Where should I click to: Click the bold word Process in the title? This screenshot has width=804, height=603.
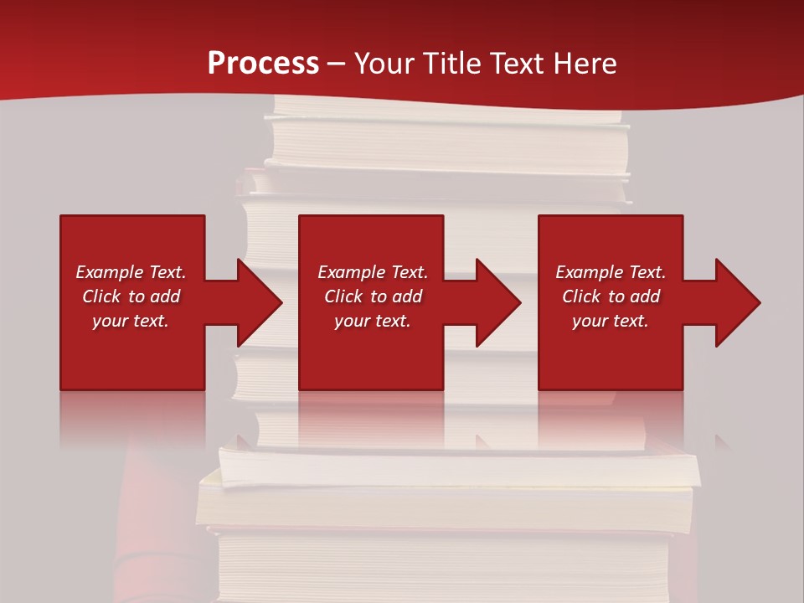[x=263, y=64]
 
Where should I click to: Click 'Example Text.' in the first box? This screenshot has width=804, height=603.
[x=131, y=272]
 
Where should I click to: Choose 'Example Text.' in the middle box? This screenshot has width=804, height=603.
[x=373, y=272]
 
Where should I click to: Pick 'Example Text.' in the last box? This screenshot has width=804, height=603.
[x=611, y=272]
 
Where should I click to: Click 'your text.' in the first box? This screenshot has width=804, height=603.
[x=131, y=321]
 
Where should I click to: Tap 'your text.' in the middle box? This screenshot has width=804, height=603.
[x=373, y=321]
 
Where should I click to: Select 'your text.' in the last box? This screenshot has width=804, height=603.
[x=611, y=321]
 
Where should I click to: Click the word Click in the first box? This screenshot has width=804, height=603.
[x=101, y=296]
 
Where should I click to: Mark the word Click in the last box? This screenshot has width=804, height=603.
[x=581, y=296]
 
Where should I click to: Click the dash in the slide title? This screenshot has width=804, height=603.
[x=337, y=64]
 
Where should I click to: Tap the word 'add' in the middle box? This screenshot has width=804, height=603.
[x=407, y=296]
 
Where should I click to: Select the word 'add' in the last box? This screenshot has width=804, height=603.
[x=645, y=296]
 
